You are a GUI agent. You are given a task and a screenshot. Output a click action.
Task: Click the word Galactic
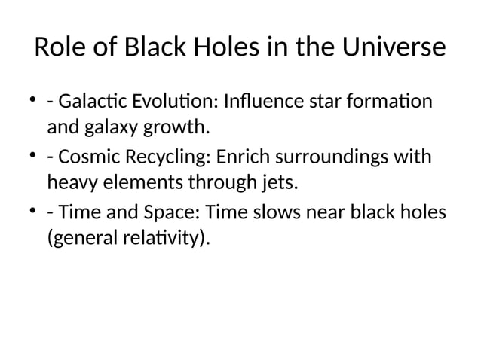(x=84, y=102)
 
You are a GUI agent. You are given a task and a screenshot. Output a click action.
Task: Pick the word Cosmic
(x=82, y=158)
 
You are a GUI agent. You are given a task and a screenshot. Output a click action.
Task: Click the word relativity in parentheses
(x=161, y=239)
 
